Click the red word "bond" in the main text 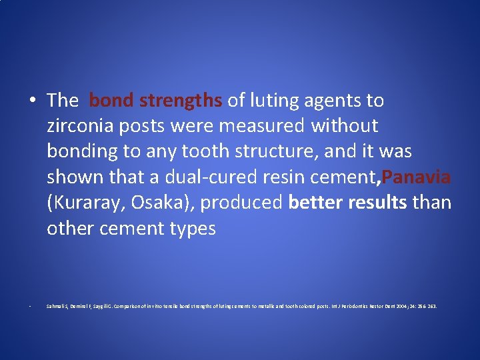tap(110, 101)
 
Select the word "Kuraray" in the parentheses tap(89, 203)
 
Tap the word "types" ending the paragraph tap(193, 229)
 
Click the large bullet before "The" tap(32, 101)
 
